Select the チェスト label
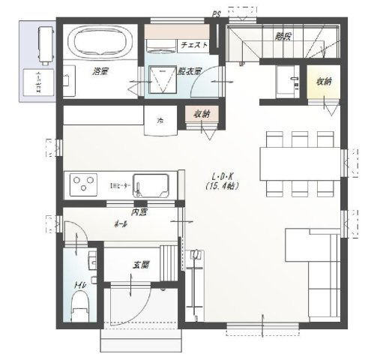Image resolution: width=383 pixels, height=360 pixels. click(x=193, y=45)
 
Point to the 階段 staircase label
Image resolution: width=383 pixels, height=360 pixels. click(x=283, y=35)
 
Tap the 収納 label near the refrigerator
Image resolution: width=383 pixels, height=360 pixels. click(x=201, y=114)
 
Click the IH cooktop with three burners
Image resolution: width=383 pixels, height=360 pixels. click(x=82, y=182)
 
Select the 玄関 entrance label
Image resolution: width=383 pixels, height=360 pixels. click(x=141, y=265)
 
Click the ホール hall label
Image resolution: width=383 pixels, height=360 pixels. click(x=119, y=224)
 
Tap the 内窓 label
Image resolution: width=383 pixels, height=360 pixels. click(x=139, y=212)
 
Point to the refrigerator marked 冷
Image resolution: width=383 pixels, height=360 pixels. click(x=160, y=119)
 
